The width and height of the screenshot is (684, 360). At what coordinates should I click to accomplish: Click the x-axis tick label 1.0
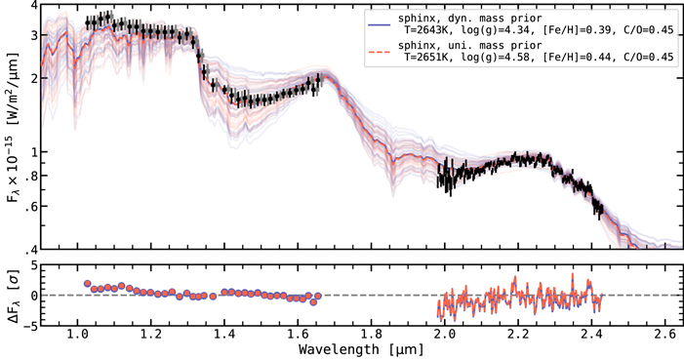76,333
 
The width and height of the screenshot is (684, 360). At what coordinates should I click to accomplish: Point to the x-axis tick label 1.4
224,333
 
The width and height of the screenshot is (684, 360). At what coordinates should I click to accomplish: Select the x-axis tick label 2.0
446,333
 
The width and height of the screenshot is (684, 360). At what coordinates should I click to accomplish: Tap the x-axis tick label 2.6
667,333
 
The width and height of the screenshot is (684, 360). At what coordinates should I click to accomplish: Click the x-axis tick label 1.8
372,333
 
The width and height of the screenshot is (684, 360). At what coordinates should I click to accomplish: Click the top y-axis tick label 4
34,6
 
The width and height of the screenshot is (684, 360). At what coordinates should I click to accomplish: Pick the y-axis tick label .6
32,206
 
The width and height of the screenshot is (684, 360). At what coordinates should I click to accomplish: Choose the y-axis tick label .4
32,248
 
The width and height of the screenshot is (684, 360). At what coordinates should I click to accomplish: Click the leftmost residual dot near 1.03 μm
88,284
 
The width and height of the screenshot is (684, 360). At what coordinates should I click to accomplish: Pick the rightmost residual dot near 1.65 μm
314,300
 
